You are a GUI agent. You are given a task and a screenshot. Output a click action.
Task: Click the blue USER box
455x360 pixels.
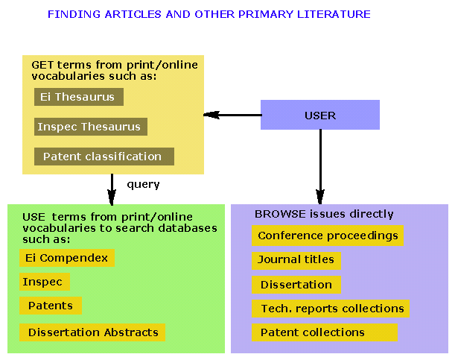click(x=320, y=116)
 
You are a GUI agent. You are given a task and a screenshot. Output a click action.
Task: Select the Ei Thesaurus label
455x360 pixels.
click(x=79, y=97)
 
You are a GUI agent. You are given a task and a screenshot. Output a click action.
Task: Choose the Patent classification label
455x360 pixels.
click(x=104, y=157)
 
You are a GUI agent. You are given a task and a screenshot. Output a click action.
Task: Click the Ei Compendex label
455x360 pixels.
click(x=66, y=258)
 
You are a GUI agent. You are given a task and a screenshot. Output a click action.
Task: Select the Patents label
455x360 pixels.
click(x=50, y=306)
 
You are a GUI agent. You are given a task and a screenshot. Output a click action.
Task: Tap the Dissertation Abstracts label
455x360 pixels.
click(x=92, y=332)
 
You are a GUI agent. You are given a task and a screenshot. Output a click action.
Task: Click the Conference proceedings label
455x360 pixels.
click(x=328, y=236)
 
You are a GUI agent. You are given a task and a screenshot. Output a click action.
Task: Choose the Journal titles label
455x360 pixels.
click(x=296, y=260)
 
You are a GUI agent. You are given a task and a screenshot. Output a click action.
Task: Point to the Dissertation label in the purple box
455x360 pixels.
click(x=296, y=285)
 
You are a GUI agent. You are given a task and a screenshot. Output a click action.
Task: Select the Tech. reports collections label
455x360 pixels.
click(x=331, y=309)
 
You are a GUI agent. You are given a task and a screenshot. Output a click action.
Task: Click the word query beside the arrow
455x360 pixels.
click(x=143, y=184)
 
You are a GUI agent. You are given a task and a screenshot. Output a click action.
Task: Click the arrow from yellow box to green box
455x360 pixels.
click(x=112, y=189)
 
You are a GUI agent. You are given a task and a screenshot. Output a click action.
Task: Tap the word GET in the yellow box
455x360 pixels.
click(x=41, y=65)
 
